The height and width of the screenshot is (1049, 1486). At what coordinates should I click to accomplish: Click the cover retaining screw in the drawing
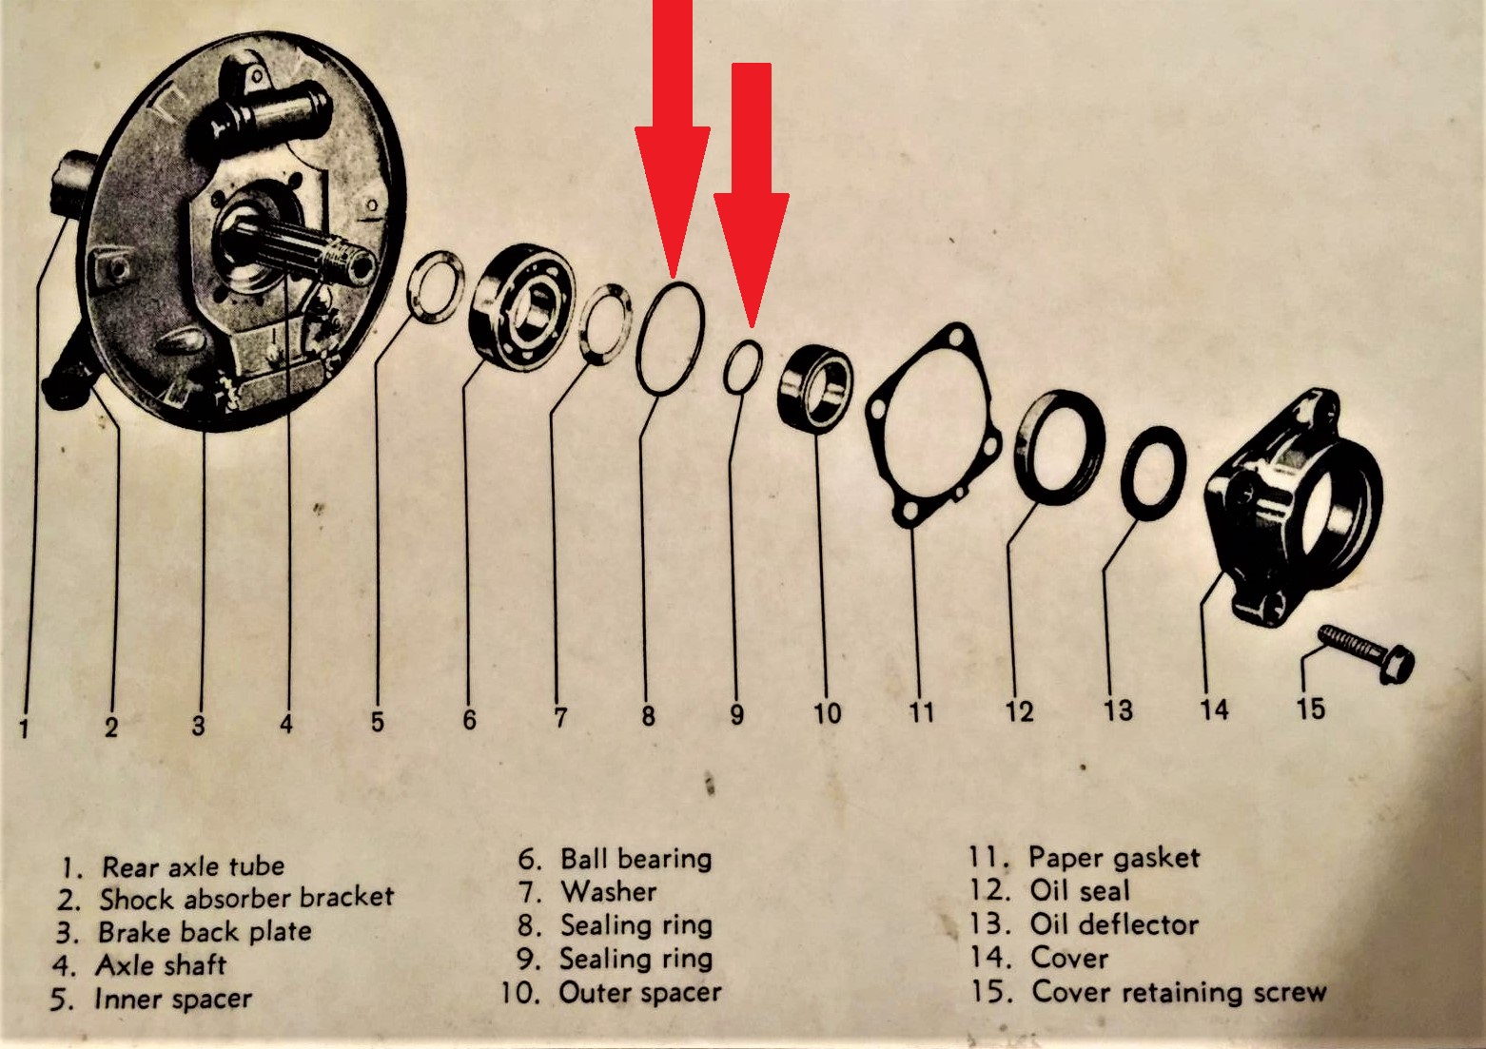click(x=1366, y=653)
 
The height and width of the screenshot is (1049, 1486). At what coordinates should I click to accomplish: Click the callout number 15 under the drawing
click(x=1311, y=709)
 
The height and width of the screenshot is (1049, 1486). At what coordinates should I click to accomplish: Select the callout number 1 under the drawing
click(x=25, y=728)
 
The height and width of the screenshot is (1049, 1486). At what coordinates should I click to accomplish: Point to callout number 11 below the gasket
click(x=922, y=712)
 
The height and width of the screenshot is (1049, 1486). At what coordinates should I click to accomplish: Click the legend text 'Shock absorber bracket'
click(x=246, y=898)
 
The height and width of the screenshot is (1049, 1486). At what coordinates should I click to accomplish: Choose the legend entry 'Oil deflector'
click(x=1115, y=924)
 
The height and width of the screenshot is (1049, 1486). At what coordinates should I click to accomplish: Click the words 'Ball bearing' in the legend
click(x=636, y=860)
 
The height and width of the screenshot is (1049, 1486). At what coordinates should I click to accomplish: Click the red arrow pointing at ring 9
click(x=752, y=196)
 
